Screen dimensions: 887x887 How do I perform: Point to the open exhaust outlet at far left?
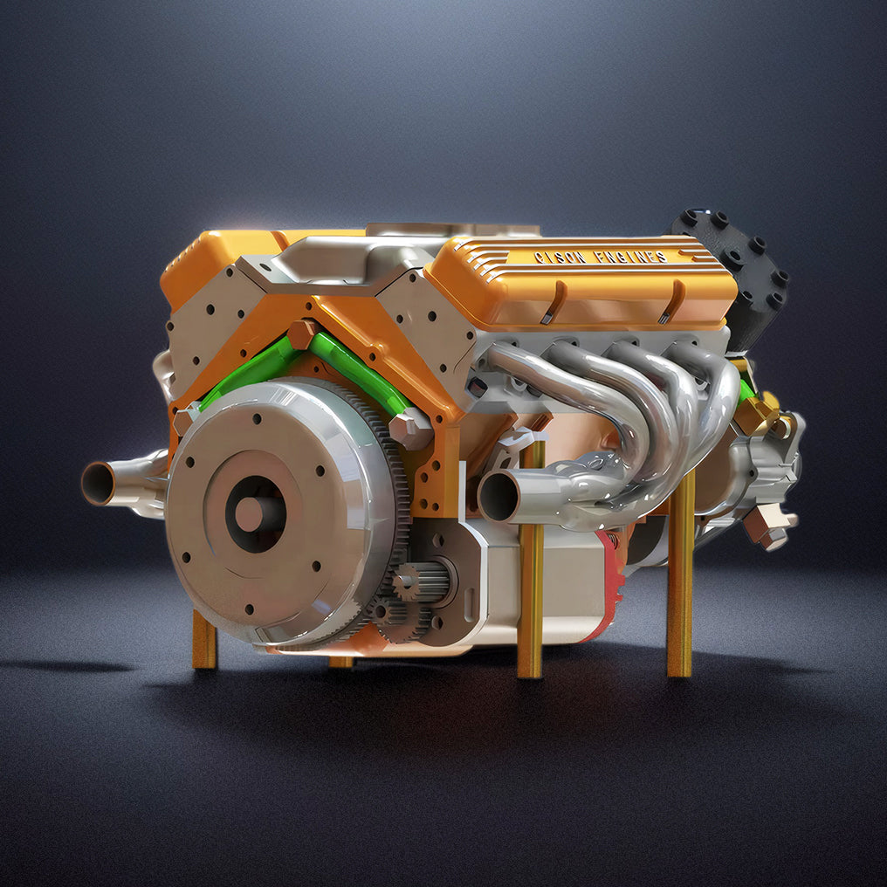pyautogui.click(x=98, y=483)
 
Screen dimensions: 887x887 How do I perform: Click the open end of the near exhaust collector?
pyautogui.click(x=499, y=496)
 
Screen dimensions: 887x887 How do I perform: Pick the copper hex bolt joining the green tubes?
pyautogui.click(x=304, y=334)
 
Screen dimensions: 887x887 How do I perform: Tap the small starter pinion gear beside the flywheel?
pyautogui.click(x=407, y=583)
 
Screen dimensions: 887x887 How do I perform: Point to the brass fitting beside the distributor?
pyautogui.click(x=758, y=413)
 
